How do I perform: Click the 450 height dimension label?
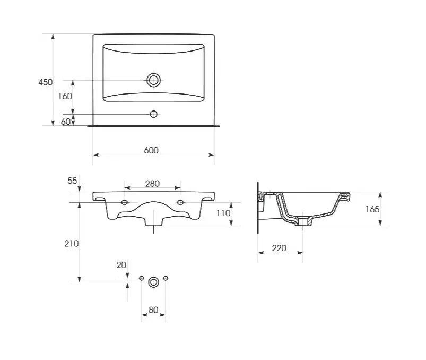pyautogui.click(x=46, y=82)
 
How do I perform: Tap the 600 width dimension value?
pyautogui.click(x=151, y=150)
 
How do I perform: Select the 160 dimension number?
pyautogui.click(x=65, y=96)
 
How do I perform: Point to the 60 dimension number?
pyautogui.click(x=65, y=122)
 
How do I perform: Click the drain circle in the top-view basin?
pyautogui.click(x=153, y=80)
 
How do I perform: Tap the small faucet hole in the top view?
pyautogui.click(x=153, y=114)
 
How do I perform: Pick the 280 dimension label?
pyautogui.click(x=152, y=184)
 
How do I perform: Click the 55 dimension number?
pyautogui.click(x=72, y=181)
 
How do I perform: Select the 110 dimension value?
pyautogui.click(x=223, y=213)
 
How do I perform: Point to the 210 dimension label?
pyautogui.click(x=72, y=243)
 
